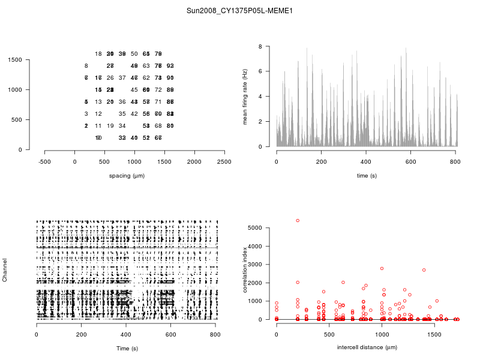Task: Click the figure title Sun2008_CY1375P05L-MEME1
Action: click(x=239, y=11)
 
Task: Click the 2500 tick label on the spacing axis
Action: click(x=224, y=161)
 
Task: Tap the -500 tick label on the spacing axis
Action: click(x=44, y=161)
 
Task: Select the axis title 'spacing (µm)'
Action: click(x=127, y=175)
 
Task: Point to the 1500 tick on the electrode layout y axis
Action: click(x=16, y=59)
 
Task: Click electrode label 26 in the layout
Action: click(x=110, y=78)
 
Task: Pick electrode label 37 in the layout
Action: click(x=122, y=78)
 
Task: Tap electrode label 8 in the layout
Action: click(x=86, y=66)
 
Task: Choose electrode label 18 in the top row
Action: click(x=98, y=54)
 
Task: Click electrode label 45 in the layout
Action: click(x=134, y=90)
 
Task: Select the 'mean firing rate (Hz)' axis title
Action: click(x=245, y=97)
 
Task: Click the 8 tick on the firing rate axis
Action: click(x=260, y=46)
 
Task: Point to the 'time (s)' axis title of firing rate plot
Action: click(x=367, y=175)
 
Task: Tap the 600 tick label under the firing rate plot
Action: click(x=411, y=161)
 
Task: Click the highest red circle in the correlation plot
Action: click(x=298, y=221)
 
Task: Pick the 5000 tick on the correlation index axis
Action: click(x=255, y=228)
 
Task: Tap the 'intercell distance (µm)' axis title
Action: click(x=367, y=347)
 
